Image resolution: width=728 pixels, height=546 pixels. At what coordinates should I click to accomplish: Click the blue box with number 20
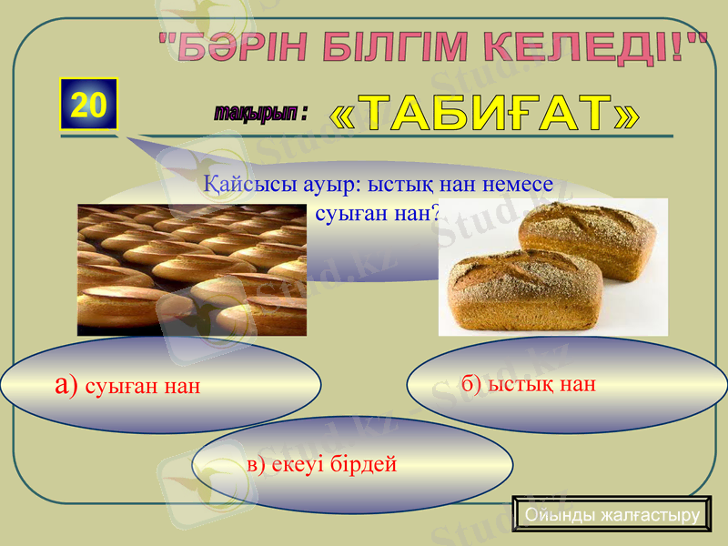(89, 106)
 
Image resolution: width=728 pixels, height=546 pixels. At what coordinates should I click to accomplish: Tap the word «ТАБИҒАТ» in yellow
(483, 113)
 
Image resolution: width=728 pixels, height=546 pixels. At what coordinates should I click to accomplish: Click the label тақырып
(257, 113)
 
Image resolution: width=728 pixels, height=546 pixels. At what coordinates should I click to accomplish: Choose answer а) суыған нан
(127, 386)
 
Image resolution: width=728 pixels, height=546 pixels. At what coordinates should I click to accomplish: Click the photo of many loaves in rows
(191, 270)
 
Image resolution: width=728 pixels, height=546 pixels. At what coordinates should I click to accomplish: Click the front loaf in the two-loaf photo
(521, 289)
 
